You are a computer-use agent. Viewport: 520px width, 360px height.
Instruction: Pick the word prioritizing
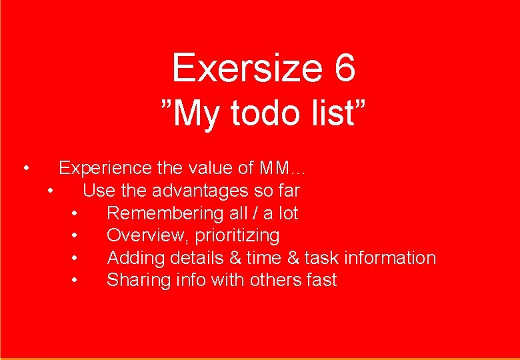pos(237,236)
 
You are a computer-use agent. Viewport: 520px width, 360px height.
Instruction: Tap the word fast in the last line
pos(322,280)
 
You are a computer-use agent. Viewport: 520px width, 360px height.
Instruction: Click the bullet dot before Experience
pos(25,168)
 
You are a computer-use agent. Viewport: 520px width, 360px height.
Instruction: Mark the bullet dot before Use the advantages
pos(51,191)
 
